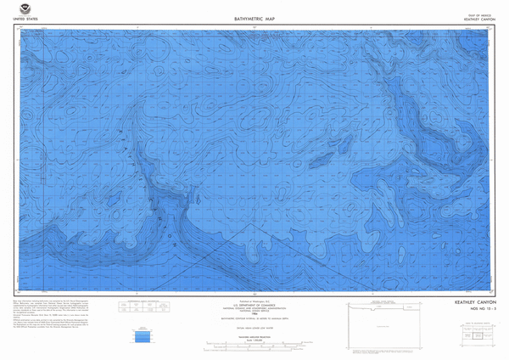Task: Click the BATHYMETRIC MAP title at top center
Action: pyautogui.click(x=254, y=18)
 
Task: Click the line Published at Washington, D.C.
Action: pyautogui.click(x=254, y=300)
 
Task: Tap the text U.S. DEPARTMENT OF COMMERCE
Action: pyautogui.click(x=254, y=305)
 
